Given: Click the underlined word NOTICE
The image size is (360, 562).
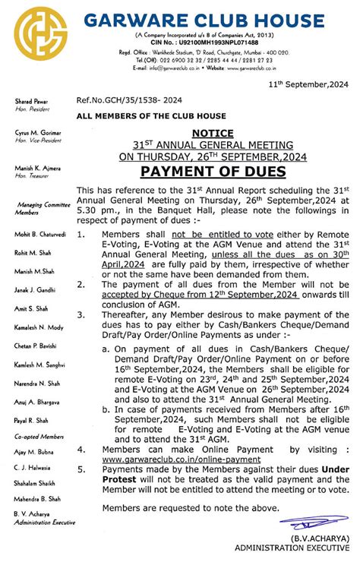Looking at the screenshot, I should [x=213, y=132].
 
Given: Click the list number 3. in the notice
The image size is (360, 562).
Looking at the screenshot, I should [x=82, y=314].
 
